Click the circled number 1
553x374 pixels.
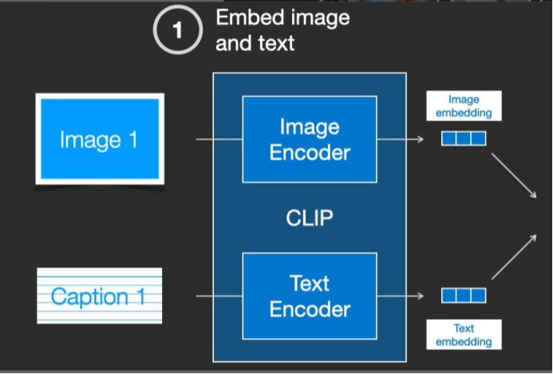pyautogui.click(x=177, y=31)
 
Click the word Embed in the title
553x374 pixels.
pyautogui.click(x=244, y=18)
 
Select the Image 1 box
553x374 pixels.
pyautogui.click(x=100, y=140)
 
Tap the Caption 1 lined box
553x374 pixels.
pyautogui.click(x=99, y=296)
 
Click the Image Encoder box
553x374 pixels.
pyautogui.click(x=310, y=140)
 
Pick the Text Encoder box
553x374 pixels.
pyautogui.click(x=310, y=296)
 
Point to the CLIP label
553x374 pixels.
pyautogui.click(x=310, y=217)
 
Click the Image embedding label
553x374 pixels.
pyautogui.click(x=464, y=106)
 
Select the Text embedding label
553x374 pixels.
pyautogui.click(x=464, y=334)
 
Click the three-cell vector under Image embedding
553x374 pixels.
pyautogui.click(x=464, y=139)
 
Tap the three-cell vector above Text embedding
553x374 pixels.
pyautogui.click(x=464, y=296)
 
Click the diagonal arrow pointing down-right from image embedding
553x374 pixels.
pyautogui.click(x=512, y=175)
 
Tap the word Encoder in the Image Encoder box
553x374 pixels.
pyautogui.click(x=310, y=152)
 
